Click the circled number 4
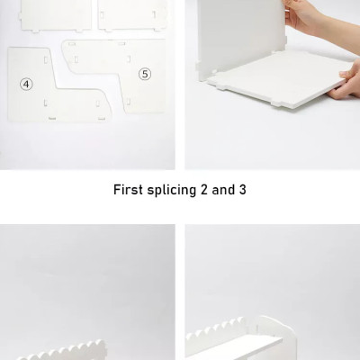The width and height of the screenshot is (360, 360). pos(26,85)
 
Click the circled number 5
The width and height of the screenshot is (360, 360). pos(145,74)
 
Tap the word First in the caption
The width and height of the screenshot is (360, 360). pos(128,190)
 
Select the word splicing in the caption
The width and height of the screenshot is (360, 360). pos(171,191)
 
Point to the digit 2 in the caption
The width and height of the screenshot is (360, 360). pos(204,190)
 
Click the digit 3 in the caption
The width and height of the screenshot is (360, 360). pos(243,190)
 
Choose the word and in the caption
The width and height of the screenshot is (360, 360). pos(223,190)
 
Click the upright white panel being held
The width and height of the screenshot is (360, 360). pos(240,38)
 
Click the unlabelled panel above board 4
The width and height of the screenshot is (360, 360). pos(56,15)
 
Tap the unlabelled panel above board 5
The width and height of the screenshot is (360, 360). pos(133,14)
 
